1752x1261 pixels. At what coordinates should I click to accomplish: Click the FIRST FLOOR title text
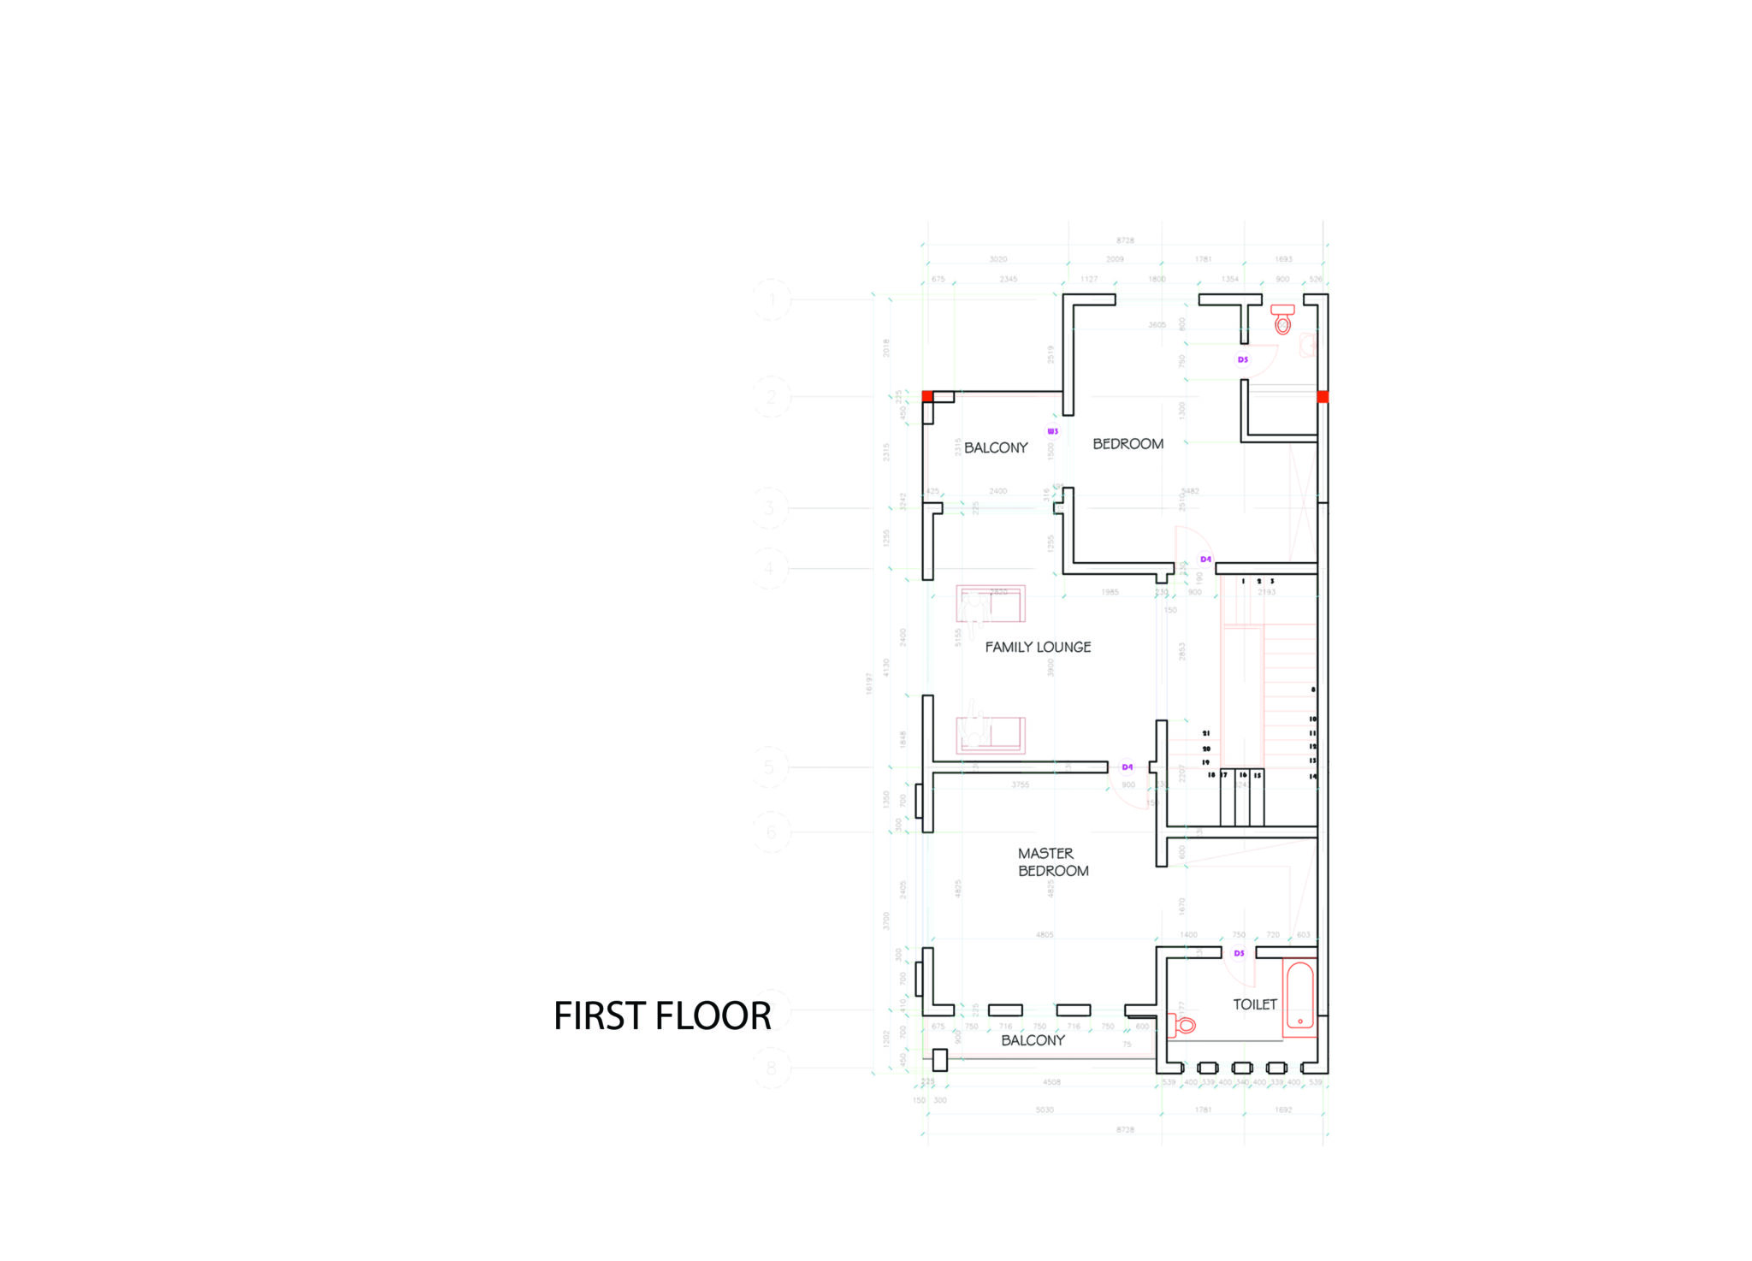pos(662,1016)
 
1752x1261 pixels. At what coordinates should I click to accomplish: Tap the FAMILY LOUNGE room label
pos(1038,648)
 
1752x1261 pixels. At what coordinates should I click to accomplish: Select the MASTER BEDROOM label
pos(1052,862)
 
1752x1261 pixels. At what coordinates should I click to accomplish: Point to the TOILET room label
pos(1254,1004)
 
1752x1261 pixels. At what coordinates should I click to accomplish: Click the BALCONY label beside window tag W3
pos(996,447)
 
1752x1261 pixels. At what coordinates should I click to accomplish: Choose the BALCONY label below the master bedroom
pos(1033,1040)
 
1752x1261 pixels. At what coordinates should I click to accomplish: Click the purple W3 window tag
pos(1053,431)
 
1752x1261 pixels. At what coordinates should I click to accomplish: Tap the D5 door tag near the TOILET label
pos(1239,953)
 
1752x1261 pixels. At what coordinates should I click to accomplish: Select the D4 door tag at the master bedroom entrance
pos(1128,767)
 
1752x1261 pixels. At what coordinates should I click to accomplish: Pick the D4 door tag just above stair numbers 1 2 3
pos(1205,559)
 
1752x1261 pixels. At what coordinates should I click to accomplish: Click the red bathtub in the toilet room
pos(1299,998)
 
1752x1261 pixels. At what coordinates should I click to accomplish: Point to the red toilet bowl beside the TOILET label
pos(1185,1025)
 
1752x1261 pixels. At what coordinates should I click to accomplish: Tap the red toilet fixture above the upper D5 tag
pos(1282,320)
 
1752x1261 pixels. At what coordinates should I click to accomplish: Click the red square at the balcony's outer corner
pos(927,396)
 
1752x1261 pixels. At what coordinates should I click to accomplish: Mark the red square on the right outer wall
pos(1323,396)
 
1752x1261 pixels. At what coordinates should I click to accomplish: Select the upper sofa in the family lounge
pos(991,604)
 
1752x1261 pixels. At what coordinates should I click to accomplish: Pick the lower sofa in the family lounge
pos(991,735)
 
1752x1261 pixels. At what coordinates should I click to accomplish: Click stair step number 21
pos(1206,733)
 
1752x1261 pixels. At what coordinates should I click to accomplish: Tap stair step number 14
pos(1313,777)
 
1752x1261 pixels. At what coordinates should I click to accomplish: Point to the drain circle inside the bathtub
pos(1300,1021)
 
